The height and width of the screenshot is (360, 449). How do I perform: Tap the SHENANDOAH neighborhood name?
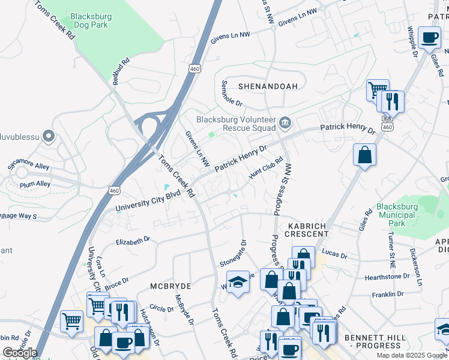tap(268, 86)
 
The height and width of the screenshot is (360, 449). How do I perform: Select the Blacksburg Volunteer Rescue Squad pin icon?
tap(285, 124)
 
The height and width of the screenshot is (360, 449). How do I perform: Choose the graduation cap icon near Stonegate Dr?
tap(238, 282)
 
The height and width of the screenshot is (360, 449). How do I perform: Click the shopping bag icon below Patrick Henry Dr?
tap(364, 155)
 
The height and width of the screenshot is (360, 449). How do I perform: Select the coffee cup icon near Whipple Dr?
tap(430, 38)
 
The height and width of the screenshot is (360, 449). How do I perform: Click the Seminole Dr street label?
tap(231, 94)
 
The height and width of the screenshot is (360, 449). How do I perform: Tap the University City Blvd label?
tap(148, 204)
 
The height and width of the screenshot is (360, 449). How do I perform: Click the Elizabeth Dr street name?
tap(133, 241)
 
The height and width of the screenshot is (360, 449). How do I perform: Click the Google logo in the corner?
tap(19, 353)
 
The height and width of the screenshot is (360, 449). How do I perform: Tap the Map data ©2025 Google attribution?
tap(411, 355)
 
